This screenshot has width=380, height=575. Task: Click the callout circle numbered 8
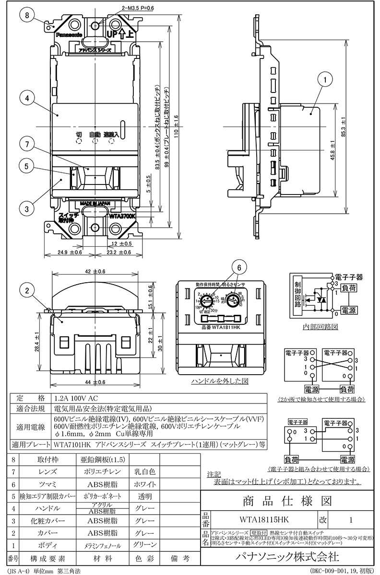pos(28,15)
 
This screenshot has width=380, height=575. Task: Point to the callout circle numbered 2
pos(28,289)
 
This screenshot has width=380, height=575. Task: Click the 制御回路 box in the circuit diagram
pos(297,294)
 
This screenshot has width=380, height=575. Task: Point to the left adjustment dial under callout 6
pos(207,301)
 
